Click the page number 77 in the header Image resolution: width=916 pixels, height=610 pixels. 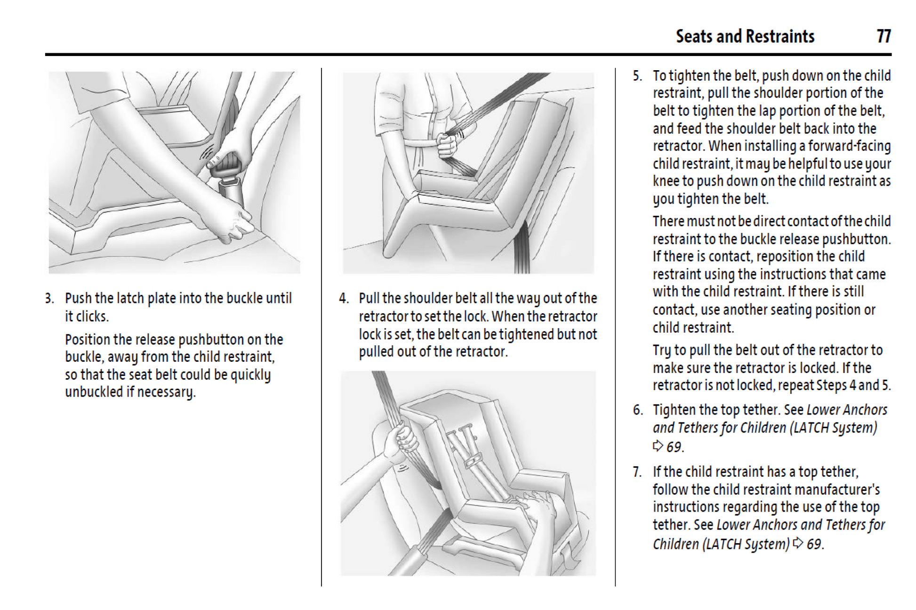[884, 36]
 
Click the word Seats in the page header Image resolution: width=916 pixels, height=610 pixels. [694, 36]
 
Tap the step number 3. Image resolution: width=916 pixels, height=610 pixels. [49, 299]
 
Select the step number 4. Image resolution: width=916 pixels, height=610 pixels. [344, 299]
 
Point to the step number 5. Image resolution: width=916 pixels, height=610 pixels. [637, 76]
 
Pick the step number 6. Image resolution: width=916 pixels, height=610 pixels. [637, 410]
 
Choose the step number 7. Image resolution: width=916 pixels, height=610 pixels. [637, 472]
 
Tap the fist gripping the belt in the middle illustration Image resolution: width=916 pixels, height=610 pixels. [446, 145]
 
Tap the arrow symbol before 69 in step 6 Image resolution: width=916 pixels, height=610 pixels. [658, 446]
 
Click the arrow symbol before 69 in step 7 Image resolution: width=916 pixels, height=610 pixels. [798, 544]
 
